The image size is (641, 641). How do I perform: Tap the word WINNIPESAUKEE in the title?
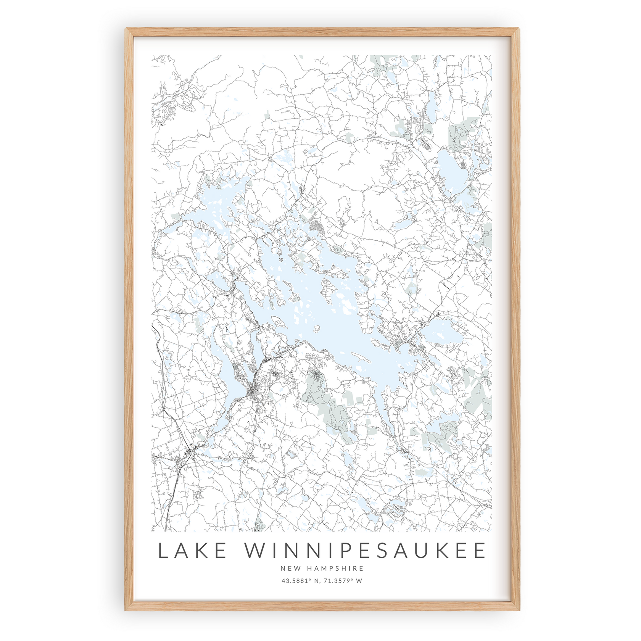pos(365,551)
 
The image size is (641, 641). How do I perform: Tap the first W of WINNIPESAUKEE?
pos(256,551)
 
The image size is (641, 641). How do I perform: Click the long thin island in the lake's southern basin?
pos(361,358)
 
